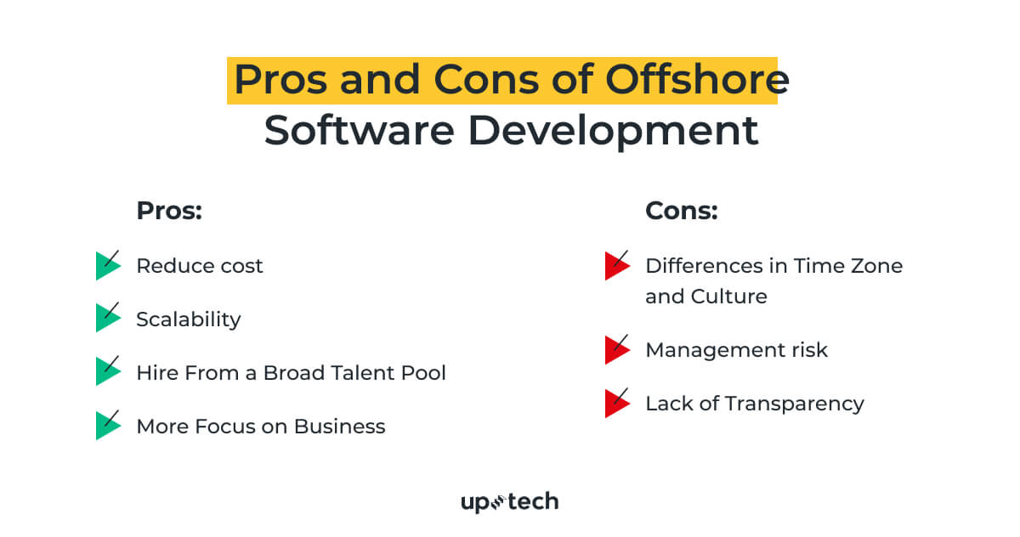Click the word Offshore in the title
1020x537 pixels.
(x=697, y=80)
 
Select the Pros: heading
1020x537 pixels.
(x=169, y=211)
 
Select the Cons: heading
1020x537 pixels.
(x=682, y=211)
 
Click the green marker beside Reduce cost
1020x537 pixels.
(x=108, y=266)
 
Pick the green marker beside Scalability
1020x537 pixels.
(x=108, y=319)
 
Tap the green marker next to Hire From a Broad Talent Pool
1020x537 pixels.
(x=108, y=372)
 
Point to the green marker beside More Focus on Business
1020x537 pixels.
(x=108, y=426)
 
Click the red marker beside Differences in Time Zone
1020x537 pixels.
(x=616, y=266)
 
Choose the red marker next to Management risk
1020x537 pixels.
(x=616, y=350)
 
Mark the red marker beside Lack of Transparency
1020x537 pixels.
(x=616, y=404)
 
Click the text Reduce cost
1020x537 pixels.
(x=200, y=266)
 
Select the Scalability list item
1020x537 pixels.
(x=189, y=319)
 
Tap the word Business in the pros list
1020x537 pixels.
(x=340, y=426)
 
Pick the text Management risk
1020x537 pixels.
(x=736, y=350)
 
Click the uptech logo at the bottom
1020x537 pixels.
(x=509, y=502)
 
